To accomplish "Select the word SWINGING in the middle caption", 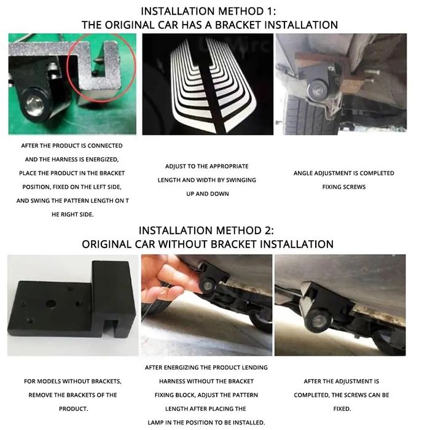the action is pyautogui.click(x=241, y=180).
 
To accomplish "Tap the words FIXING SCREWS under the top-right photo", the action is pyautogui.click(x=344, y=187).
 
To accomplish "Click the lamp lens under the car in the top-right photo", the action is pyautogui.click(x=318, y=90).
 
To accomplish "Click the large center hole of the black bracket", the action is pyautogui.click(x=51, y=303).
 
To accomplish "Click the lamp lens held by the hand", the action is pyautogui.click(x=208, y=286).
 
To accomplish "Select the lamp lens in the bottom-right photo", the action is pyautogui.click(x=318, y=320).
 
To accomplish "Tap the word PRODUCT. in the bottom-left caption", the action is pyautogui.click(x=73, y=408).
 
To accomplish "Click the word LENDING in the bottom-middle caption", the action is pyautogui.click(x=255, y=367).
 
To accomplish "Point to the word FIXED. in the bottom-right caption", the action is pyautogui.click(x=342, y=408).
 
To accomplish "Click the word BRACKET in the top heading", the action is pyautogui.click(x=238, y=25).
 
